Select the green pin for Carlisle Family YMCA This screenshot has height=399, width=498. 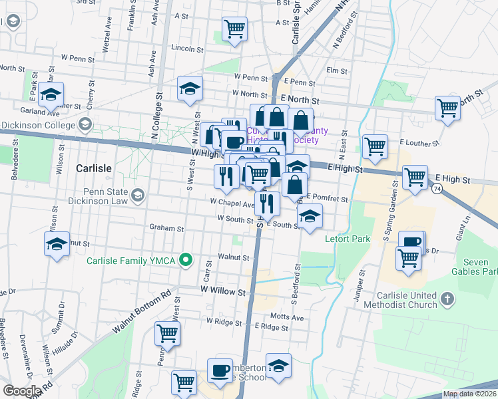[x=187, y=260]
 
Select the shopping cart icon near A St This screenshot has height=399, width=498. [x=234, y=29]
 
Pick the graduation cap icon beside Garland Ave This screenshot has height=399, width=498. [x=51, y=94]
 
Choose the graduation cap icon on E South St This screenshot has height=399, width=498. [x=309, y=216]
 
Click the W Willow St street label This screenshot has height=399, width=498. [x=224, y=291]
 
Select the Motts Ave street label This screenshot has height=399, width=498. [x=286, y=317]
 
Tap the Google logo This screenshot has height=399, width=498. [x=21, y=391]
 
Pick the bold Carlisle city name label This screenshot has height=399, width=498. [x=94, y=168]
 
